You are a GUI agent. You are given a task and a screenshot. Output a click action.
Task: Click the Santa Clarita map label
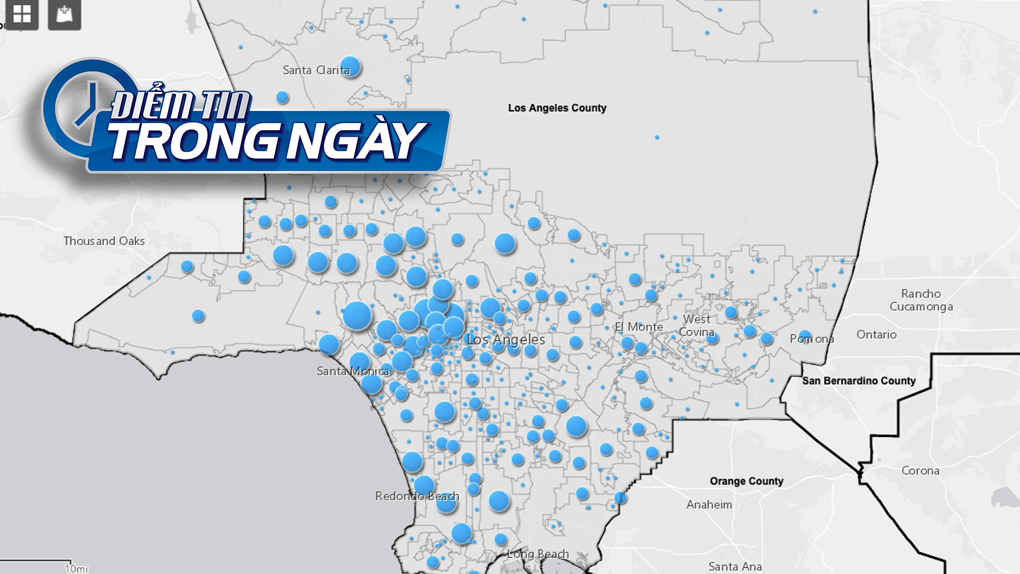316,70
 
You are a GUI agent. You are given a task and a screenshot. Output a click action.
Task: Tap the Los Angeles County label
557,108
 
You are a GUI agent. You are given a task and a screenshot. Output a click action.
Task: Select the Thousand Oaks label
104,241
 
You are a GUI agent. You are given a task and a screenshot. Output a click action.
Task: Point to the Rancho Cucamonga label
921,300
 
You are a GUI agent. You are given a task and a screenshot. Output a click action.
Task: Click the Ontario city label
877,335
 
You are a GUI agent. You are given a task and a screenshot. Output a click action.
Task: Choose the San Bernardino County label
858,381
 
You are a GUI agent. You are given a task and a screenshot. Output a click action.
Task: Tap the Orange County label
746,481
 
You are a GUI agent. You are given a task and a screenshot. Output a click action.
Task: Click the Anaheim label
709,504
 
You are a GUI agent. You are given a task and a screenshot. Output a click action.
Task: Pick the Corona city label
920,471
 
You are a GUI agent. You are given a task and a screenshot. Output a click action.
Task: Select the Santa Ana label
735,567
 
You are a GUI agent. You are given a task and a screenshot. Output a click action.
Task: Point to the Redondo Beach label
416,496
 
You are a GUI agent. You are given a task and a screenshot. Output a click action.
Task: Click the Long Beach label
538,554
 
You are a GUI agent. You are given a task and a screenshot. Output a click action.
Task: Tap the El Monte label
639,327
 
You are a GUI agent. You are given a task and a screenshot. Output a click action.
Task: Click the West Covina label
697,326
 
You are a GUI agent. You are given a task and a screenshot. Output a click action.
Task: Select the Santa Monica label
353,371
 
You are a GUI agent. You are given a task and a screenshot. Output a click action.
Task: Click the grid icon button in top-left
22,14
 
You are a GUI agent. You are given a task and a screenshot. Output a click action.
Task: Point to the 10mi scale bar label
76,569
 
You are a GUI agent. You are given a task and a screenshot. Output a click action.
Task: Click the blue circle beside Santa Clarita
350,66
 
